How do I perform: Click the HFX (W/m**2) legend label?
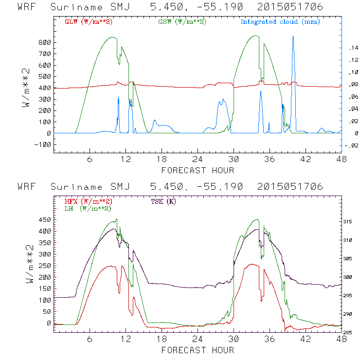pos(88,201)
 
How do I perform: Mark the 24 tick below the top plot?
pos(198,159)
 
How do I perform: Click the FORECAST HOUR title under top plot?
pos(198,170)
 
